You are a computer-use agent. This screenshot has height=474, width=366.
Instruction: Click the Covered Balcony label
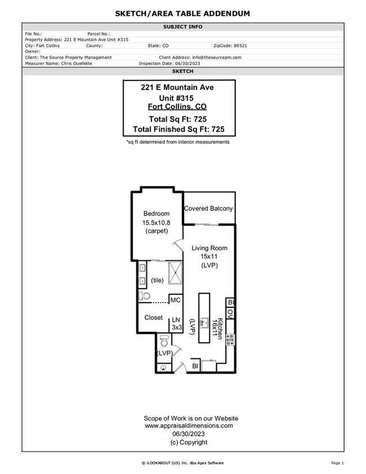click(208, 209)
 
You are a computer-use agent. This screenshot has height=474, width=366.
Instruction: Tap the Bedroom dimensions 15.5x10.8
click(156, 223)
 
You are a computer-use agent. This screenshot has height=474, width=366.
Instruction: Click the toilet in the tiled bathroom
click(145, 296)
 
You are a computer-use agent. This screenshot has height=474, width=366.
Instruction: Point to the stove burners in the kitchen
click(230, 339)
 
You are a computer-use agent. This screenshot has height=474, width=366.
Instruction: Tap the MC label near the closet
click(176, 300)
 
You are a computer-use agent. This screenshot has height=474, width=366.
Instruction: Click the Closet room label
click(153, 318)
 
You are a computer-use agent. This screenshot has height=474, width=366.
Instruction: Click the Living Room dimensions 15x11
click(209, 256)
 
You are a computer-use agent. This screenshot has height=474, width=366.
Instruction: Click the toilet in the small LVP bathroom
click(164, 340)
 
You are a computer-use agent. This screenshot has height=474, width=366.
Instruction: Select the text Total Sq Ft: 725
click(178, 119)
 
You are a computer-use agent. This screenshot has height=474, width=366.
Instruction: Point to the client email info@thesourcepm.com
click(216, 57)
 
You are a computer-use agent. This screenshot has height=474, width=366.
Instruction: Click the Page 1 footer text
click(338, 463)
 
